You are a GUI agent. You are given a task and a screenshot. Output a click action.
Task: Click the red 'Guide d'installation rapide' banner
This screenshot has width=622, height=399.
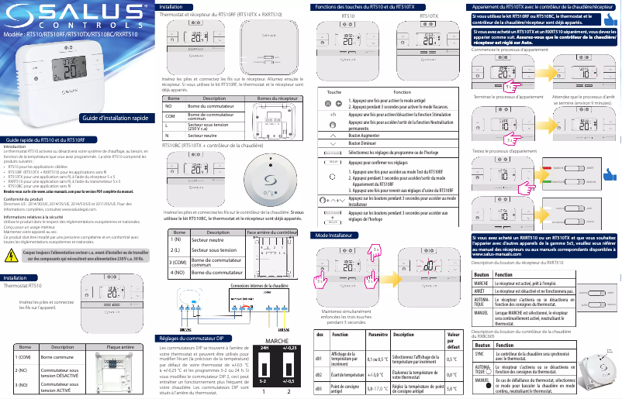[x=119, y=118]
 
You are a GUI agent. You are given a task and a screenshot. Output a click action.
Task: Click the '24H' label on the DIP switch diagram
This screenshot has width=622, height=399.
[x=264, y=349]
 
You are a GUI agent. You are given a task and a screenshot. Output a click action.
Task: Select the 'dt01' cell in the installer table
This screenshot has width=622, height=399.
[x=319, y=359]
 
